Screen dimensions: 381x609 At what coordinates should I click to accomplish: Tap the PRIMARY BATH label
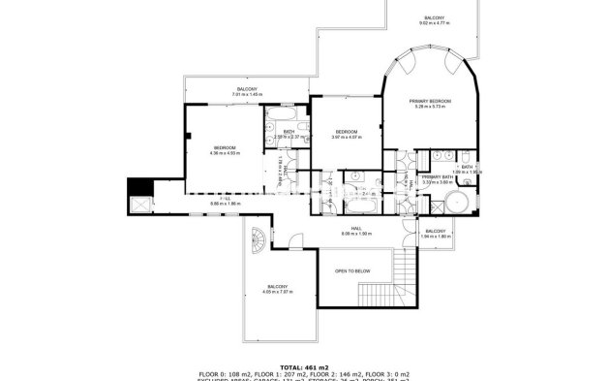[x=438, y=178]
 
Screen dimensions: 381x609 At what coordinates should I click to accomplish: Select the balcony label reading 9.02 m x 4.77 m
[x=435, y=21]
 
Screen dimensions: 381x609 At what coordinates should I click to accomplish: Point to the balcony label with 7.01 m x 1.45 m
[x=247, y=92]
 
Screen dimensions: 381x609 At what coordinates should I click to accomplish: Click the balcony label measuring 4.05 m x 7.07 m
[x=277, y=288]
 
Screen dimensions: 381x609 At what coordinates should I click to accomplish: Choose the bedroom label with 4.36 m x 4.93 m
[x=225, y=149]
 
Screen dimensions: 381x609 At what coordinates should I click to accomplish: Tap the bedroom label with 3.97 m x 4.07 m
[x=347, y=134]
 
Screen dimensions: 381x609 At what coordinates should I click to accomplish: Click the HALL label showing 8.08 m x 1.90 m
[x=356, y=233]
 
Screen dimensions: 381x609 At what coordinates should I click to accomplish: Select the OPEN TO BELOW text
[x=352, y=271]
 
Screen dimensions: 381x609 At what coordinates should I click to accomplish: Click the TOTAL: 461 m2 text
[x=303, y=366]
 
